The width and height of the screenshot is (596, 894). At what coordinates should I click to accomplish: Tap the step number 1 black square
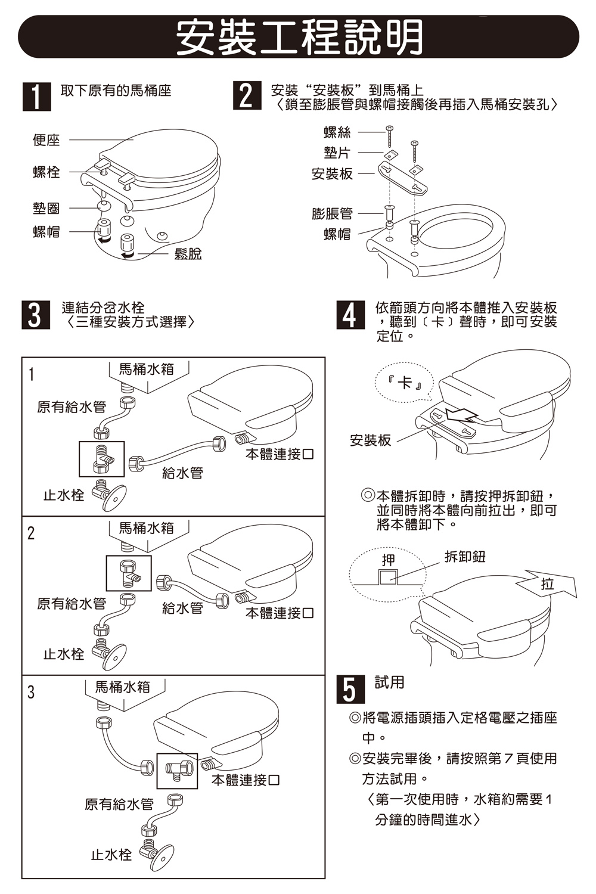36,97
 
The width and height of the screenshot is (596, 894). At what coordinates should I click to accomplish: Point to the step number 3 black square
36,315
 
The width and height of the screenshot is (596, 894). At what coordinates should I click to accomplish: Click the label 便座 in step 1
46,140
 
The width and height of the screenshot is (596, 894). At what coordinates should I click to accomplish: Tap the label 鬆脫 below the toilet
188,254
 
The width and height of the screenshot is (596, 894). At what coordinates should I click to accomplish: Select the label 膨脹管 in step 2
332,213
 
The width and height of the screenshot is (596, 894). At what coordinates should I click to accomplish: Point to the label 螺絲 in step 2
337,132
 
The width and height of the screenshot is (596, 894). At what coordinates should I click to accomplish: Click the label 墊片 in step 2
337,153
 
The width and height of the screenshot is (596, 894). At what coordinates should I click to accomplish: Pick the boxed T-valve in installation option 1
102,459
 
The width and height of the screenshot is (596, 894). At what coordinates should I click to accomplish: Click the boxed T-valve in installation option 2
129,573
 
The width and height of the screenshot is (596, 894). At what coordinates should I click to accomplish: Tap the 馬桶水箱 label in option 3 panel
123,687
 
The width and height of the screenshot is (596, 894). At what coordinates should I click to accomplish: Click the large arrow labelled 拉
551,583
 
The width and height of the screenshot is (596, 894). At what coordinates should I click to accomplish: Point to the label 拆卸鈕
465,557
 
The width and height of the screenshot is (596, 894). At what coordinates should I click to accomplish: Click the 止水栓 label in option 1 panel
64,495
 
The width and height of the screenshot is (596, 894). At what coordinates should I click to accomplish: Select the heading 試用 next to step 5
390,682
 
